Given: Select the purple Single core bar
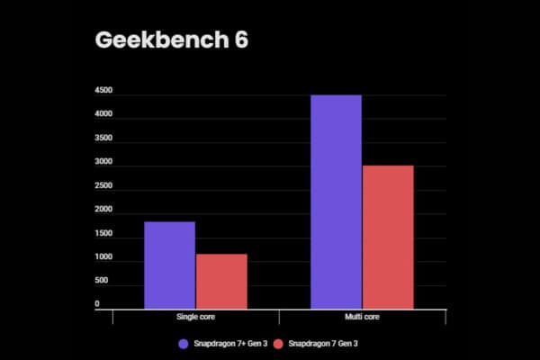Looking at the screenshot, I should (x=169, y=265).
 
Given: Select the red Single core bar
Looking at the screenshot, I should (x=221, y=282).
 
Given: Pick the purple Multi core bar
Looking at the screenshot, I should (x=336, y=202).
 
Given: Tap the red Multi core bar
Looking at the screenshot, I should (x=388, y=238).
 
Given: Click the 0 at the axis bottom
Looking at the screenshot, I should (x=96, y=304).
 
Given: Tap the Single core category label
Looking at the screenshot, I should (x=195, y=319).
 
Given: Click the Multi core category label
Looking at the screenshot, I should (x=362, y=319).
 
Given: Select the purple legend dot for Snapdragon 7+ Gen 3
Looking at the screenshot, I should (x=184, y=344).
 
